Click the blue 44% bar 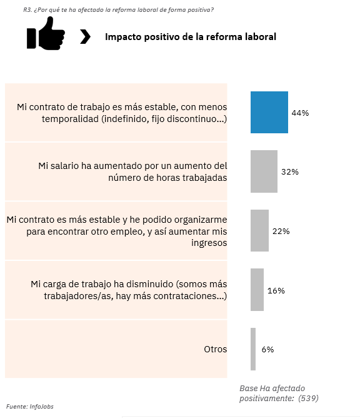[x=269, y=112]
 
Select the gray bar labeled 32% [x=264, y=171]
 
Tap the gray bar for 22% [x=259, y=231]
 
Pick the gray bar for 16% [x=257, y=290]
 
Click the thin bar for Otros [x=253, y=349]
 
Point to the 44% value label [x=300, y=113]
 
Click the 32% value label [x=290, y=172]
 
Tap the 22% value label [x=281, y=231]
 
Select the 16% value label [x=276, y=290]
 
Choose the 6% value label [x=267, y=350]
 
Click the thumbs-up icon [x=46, y=33]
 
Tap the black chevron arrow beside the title [x=85, y=37]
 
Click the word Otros [x=216, y=349]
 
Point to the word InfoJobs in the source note [x=41, y=407]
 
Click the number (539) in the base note [x=308, y=398]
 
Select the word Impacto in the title [x=123, y=37]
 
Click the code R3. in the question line [x=27, y=10]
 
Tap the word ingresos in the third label [x=209, y=243]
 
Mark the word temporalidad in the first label [x=70, y=119]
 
